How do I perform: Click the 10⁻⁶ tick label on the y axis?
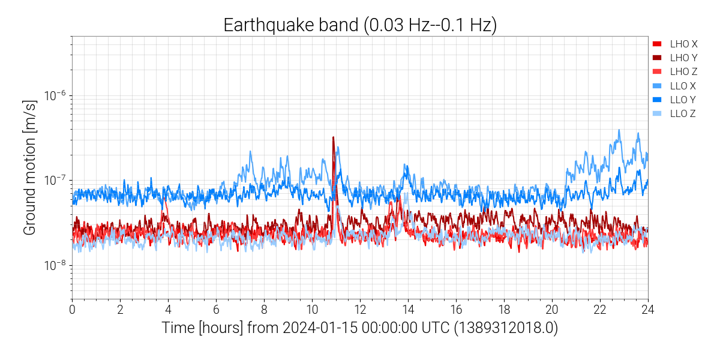click(55, 95)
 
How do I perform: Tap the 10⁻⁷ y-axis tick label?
click(55, 180)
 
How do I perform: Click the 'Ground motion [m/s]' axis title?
click(30, 167)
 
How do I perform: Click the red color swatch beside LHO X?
click(657, 44)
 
